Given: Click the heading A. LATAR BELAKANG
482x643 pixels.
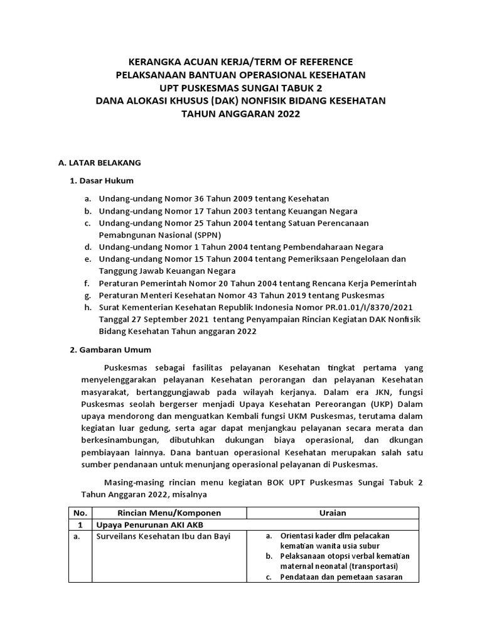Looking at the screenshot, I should (99, 163).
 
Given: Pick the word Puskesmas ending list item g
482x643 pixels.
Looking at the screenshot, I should (366, 295).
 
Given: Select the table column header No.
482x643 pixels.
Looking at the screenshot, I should (79, 513).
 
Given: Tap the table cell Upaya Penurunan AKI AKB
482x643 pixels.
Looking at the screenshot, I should (149, 524).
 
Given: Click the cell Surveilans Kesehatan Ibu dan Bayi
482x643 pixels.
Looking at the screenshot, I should (163, 536).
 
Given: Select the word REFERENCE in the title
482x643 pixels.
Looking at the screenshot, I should (326, 62).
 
